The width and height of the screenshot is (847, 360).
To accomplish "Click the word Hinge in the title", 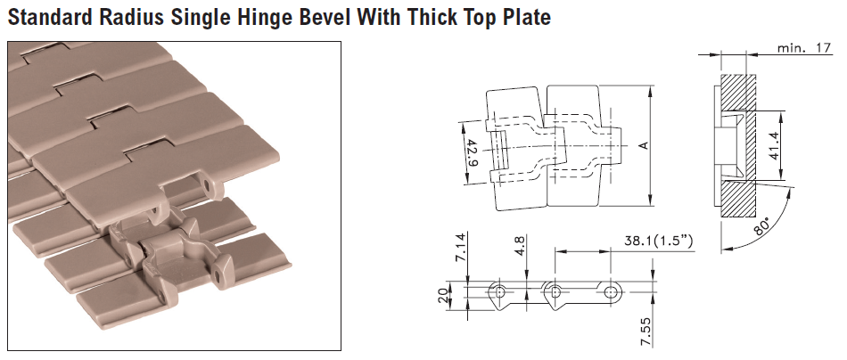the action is pos(255,17).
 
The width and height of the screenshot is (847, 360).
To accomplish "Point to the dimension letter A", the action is pos(642,145).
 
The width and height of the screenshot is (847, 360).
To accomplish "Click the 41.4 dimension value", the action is pos(774,146).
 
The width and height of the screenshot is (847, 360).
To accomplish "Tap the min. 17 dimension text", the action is pos(804,48).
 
